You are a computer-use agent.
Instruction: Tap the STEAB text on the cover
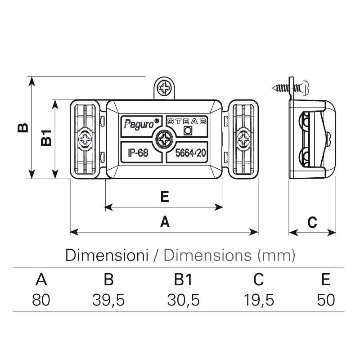(x=186, y=121)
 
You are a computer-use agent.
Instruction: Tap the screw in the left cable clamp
(x=85, y=139)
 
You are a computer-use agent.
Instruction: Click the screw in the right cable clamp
(x=244, y=139)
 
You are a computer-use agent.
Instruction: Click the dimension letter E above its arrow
(x=164, y=196)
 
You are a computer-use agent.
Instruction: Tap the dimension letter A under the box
(x=165, y=221)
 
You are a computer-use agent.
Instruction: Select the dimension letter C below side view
(x=312, y=222)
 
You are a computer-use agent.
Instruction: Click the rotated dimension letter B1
(x=46, y=138)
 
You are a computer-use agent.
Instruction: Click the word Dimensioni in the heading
(x=107, y=255)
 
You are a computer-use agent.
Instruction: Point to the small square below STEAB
(x=188, y=130)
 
